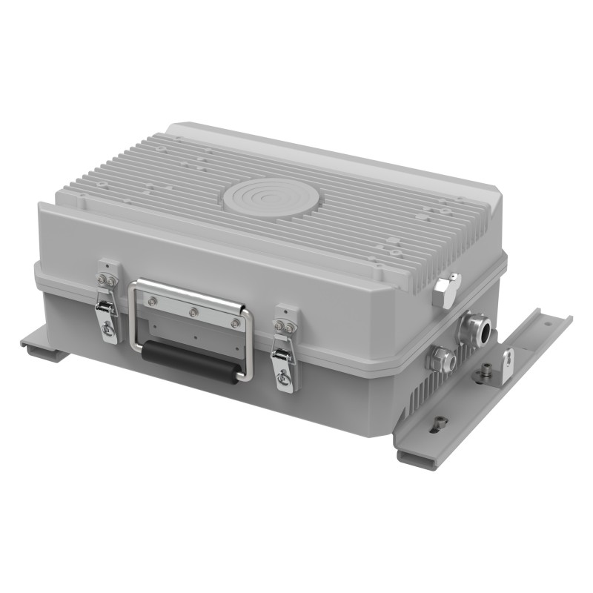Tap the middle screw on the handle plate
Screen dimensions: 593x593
(193, 312)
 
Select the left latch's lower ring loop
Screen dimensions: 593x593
(108, 330)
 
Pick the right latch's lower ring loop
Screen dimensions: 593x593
(284, 379)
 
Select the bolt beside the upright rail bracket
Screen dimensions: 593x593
(485, 368)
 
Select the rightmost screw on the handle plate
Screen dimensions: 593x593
(235, 323)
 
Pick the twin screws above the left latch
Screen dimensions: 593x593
(106, 280)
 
